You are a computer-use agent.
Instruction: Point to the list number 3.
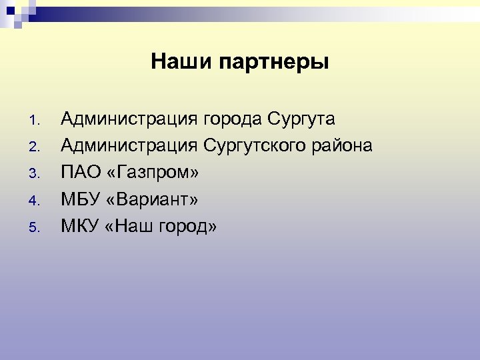point(36,175)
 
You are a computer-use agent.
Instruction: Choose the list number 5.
point(36,228)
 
